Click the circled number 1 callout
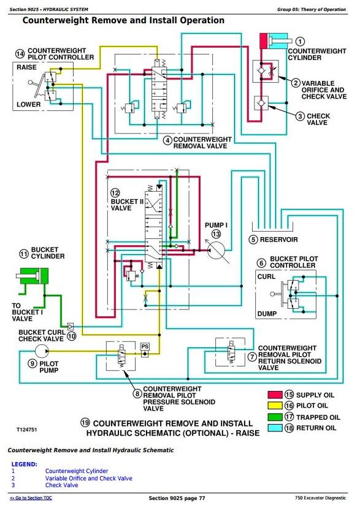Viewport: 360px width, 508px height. point(301,42)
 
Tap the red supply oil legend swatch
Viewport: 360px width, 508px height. point(275,395)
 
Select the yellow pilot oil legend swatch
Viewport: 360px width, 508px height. point(275,405)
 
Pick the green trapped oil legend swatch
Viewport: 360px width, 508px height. point(275,417)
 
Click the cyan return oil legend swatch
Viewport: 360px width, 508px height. point(275,428)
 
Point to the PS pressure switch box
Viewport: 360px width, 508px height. point(145,351)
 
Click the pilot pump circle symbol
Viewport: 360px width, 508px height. point(42,351)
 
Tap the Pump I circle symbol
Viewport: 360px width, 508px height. point(216,250)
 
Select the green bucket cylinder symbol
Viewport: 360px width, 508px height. point(32,276)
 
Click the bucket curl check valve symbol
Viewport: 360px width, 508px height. point(70,326)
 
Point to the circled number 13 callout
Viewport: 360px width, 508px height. point(216,234)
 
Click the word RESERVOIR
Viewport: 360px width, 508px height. point(278,240)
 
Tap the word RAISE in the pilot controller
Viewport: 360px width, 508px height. point(26,67)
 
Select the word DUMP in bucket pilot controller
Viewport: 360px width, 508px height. point(267,314)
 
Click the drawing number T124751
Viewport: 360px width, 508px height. point(27,430)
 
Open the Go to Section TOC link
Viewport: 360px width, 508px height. point(31,498)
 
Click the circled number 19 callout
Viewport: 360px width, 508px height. point(85,423)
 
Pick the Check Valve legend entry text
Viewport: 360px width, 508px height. point(61,485)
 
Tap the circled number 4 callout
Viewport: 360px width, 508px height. point(167,140)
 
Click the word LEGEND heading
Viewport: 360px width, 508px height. point(25,464)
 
